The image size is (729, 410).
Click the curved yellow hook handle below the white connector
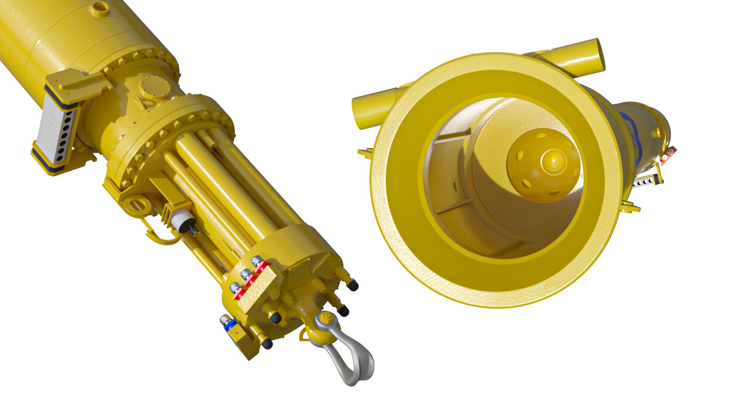pos(159,237)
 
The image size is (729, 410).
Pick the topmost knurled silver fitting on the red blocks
pos(257,261)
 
